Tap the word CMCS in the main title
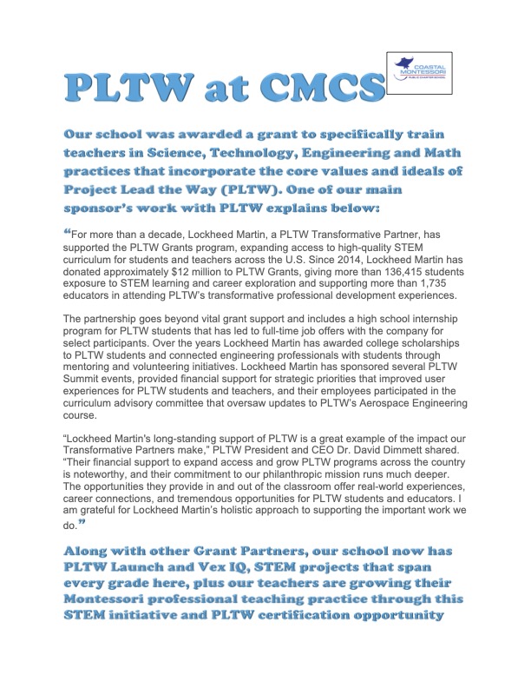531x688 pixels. (327, 89)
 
